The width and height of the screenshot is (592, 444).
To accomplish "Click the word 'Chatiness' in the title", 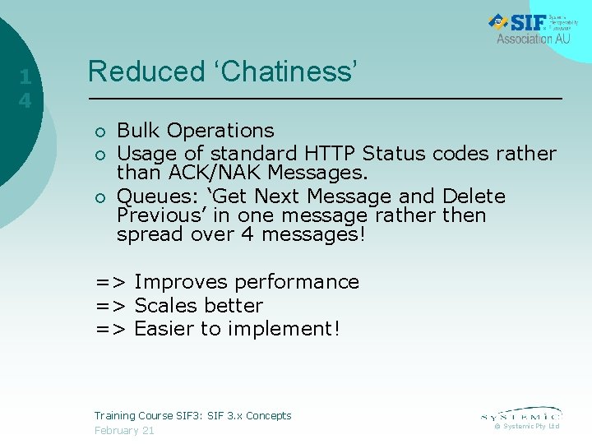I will point(289,72).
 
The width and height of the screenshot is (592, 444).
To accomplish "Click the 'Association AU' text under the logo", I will point(534,39).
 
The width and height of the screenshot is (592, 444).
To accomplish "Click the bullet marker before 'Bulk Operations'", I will point(99,132).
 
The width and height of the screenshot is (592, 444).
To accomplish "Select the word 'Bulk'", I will point(138,131).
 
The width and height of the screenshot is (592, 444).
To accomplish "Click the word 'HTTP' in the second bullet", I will point(330,154).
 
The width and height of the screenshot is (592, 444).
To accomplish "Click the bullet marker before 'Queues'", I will point(99,197).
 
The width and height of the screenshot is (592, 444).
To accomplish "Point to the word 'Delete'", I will point(474,197).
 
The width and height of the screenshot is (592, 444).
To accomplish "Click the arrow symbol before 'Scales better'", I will point(111,306).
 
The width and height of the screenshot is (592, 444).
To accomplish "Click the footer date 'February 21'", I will point(124,431).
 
